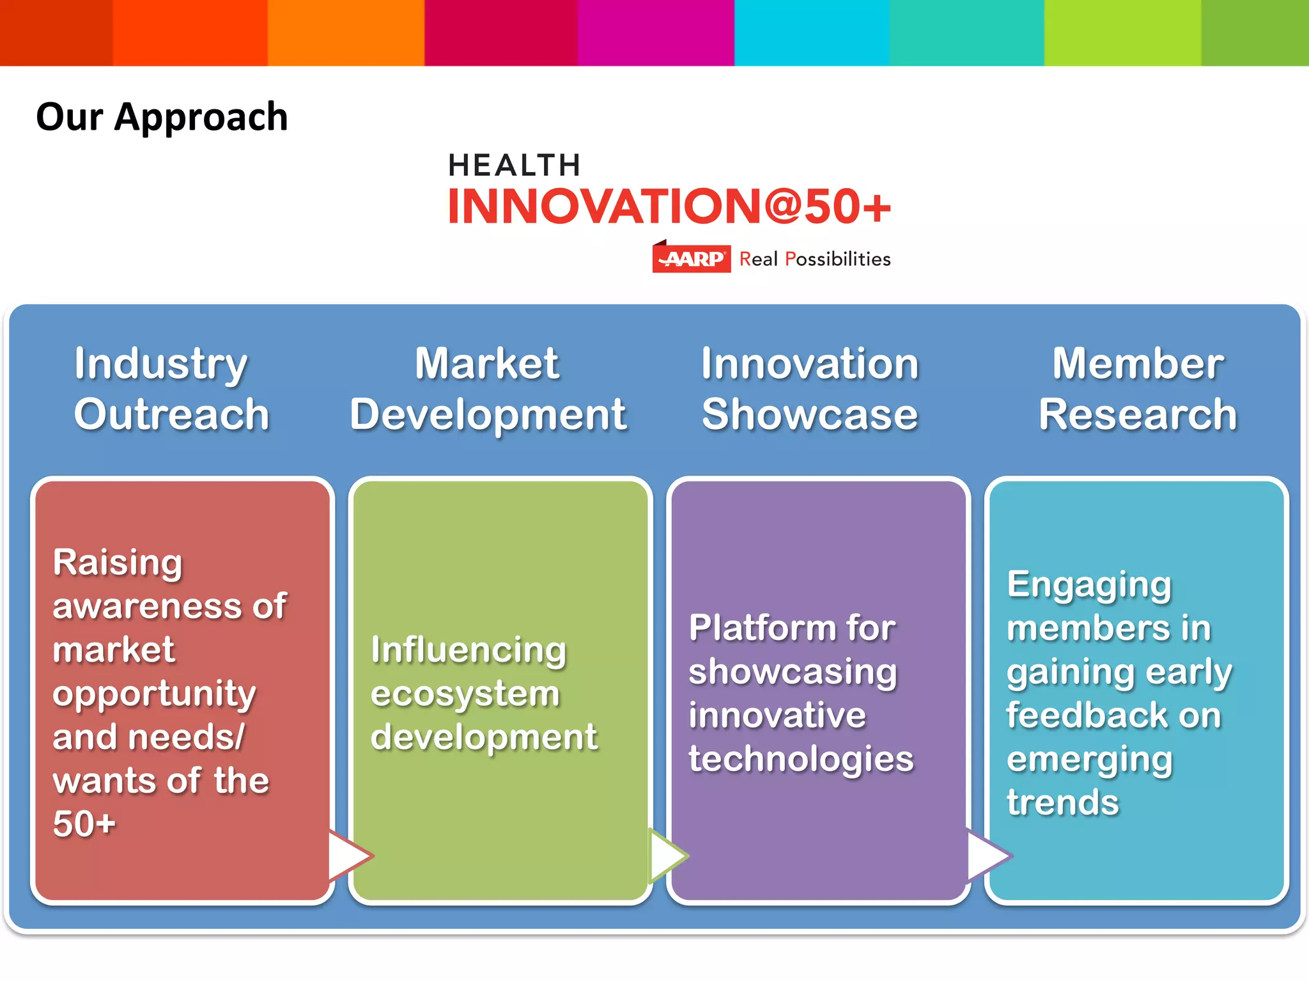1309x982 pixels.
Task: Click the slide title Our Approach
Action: (162, 117)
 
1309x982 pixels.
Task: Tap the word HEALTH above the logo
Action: (515, 166)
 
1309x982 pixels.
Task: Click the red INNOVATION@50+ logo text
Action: (669, 207)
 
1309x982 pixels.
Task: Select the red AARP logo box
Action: (691, 259)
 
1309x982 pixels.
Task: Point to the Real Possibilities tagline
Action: (815, 259)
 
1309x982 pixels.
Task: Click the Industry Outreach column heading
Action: (171, 389)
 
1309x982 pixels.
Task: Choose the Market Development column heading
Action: (488, 389)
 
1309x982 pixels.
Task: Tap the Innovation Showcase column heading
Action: (810, 389)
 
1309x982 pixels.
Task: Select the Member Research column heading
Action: (1138, 389)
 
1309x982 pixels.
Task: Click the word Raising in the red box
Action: (118, 563)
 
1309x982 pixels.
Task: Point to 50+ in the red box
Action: (84, 823)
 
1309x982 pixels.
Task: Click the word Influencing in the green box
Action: (469, 650)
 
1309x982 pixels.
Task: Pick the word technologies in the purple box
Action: (801, 759)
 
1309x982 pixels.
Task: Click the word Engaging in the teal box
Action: (1089, 585)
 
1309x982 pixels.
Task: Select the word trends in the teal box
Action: (1063, 802)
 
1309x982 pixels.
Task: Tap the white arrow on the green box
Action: (666, 855)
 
